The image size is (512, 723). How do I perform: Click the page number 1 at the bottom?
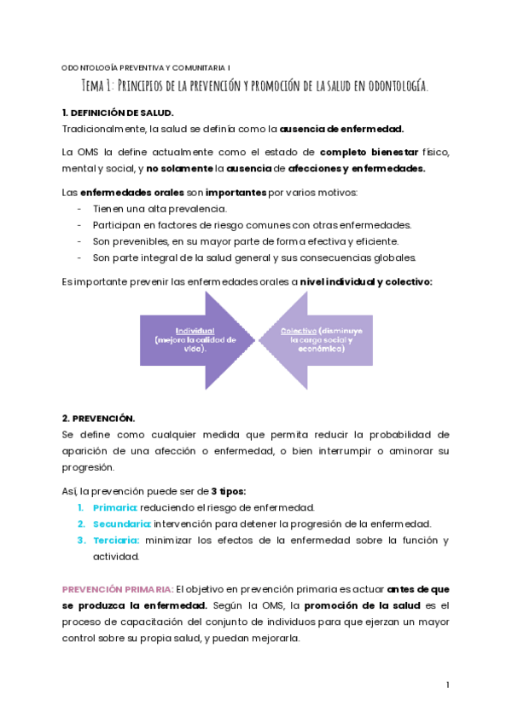(447, 685)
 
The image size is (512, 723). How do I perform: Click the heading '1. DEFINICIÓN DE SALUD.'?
(118, 113)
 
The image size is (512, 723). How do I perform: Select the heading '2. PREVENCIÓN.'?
(99, 419)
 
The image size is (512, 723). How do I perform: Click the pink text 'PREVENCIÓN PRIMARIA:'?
(118, 589)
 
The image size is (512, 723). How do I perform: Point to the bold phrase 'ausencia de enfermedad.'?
(341, 129)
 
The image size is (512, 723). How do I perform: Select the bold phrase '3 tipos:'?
(228, 491)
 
